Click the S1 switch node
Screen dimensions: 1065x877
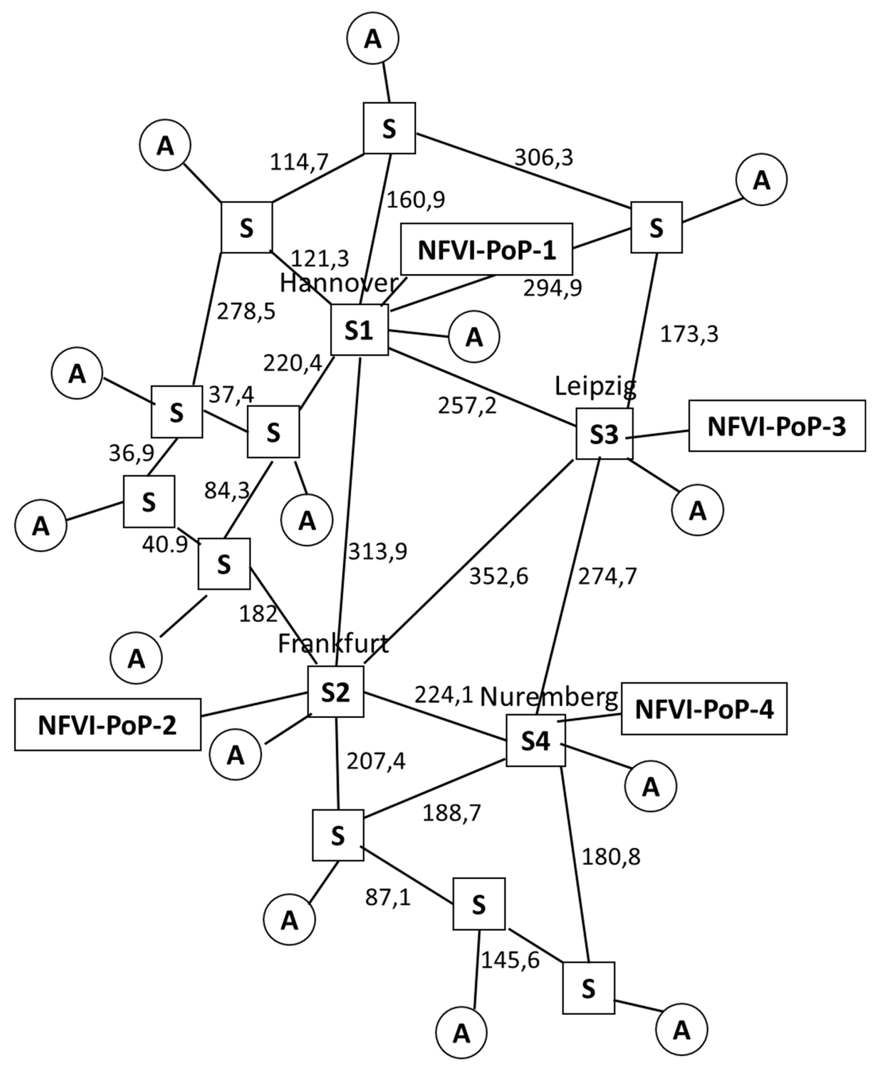pyautogui.click(x=359, y=330)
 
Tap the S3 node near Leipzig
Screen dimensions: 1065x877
pyautogui.click(x=604, y=434)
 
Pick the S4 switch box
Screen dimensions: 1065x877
pyautogui.click(x=536, y=740)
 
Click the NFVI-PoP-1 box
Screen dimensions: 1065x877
pyautogui.click(x=486, y=250)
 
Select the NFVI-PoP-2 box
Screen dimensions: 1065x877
pyautogui.click(x=107, y=725)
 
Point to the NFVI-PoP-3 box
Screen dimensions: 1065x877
pyautogui.click(x=777, y=426)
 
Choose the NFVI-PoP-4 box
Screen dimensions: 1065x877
pyautogui.click(x=704, y=708)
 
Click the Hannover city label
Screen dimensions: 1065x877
pyautogui.click(x=338, y=284)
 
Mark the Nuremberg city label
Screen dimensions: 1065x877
pyautogui.click(x=548, y=697)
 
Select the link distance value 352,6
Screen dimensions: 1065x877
pyautogui.click(x=498, y=576)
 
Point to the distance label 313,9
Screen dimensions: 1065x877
pyautogui.click(x=377, y=552)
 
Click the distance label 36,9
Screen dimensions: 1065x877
pyautogui.click(x=131, y=453)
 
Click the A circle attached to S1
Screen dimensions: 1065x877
pyautogui.click(x=474, y=337)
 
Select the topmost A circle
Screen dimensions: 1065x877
pyautogui.click(x=373, y=38)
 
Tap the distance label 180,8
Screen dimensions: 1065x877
pyautogui.click(x=611, y=856)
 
